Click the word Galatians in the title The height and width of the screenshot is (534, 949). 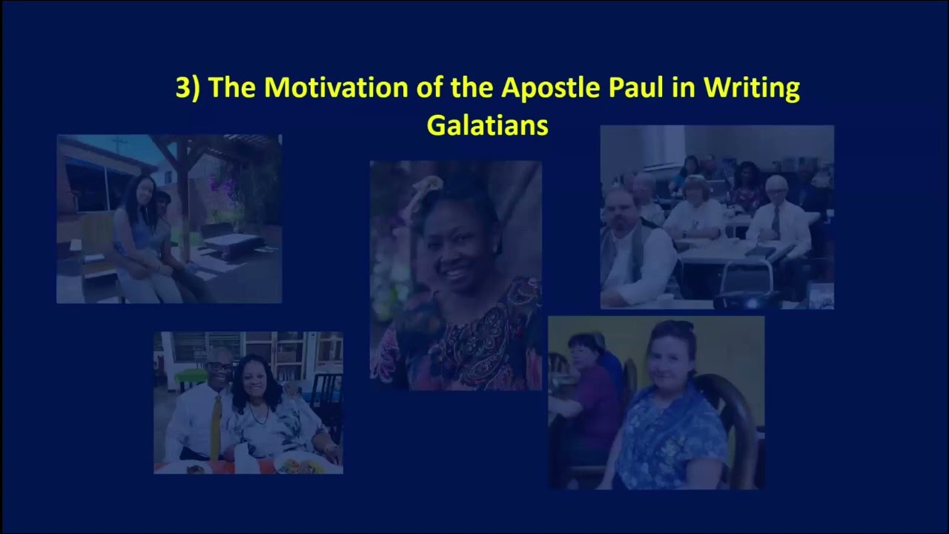[x=487, y=125]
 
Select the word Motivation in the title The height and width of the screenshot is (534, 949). [x=336, y=87]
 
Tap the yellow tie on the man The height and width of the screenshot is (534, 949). [x=216, y=427]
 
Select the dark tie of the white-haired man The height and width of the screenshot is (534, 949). [x=776, y=223]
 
